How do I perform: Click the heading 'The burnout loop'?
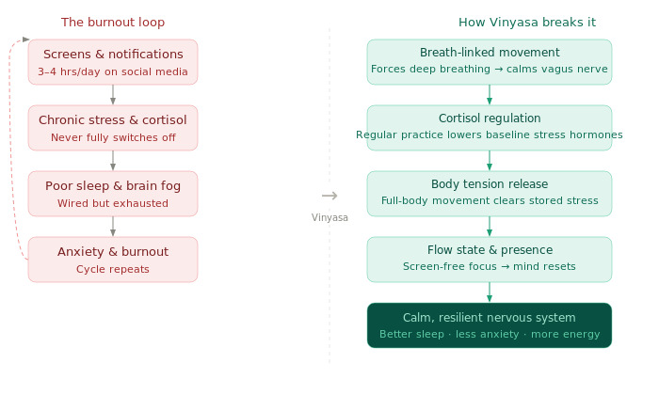119,23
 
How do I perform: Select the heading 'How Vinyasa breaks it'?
526,23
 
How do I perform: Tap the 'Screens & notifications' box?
113,62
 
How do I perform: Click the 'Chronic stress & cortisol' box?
113,128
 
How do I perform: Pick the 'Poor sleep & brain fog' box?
113,194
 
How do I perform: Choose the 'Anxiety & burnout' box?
113,260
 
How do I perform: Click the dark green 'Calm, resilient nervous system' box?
489,325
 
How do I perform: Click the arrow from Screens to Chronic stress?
113,95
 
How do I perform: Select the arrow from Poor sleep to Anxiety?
113,227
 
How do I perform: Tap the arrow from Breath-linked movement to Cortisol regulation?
490,95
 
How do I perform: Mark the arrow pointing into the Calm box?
490,292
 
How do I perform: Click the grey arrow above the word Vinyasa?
329,196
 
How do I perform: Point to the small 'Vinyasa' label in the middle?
329,217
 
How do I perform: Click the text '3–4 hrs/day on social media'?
113,71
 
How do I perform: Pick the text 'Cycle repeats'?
113,269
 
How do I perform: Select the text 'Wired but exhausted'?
113,203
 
